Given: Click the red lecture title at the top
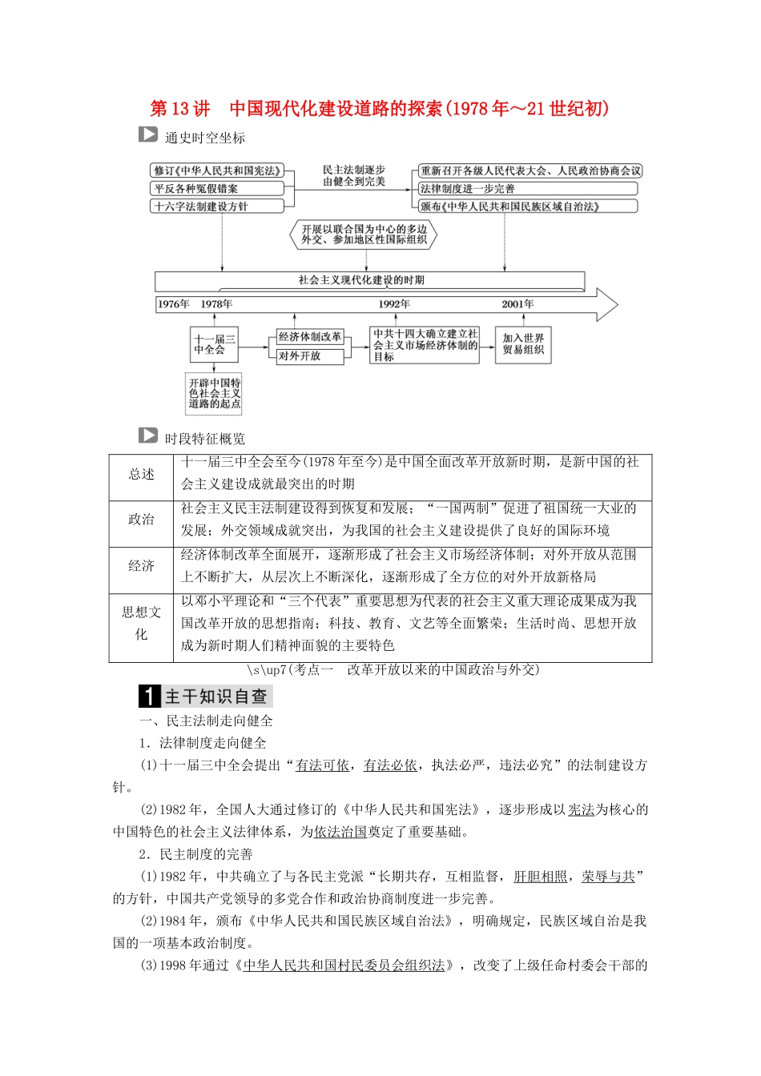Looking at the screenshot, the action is click(380, 109).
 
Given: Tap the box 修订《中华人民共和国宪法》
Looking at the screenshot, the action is click(217, 171).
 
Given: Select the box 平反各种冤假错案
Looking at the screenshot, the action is click(217, 188).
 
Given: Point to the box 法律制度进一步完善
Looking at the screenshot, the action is click(527, 188).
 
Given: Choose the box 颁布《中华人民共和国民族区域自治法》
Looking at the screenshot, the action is click(527, 206).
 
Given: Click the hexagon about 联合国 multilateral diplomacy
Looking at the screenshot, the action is click(364, 235).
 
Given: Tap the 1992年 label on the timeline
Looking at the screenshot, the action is click(394, 304).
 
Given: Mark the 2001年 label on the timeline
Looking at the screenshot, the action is click(517, 304).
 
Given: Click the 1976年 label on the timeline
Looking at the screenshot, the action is click(174, 304).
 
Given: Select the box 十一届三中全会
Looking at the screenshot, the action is click(214, 345).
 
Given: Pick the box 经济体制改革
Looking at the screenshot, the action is click(310, 337).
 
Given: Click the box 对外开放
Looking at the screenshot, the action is click(310, 356).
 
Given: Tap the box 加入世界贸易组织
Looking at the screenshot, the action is click(523, 344).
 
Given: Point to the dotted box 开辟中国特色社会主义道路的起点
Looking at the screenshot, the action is click(214, 393).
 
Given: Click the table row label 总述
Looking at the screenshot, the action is click(141, 475).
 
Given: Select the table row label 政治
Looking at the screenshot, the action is click(141, 520).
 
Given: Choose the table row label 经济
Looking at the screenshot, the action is click(141, 566).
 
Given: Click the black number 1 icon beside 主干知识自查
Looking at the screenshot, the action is click(150, 697).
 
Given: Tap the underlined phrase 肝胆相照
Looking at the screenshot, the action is click(540, 877).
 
